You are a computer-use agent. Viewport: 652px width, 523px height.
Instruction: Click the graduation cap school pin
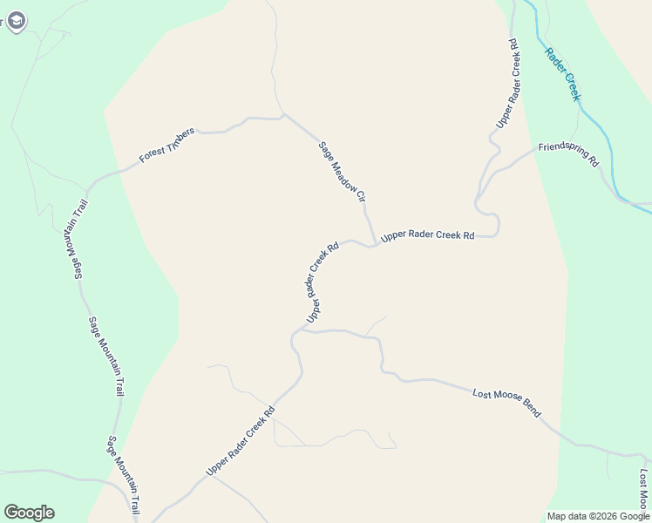[x=16, y=21]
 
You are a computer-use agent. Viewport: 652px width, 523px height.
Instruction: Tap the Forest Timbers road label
[x=166, y=146]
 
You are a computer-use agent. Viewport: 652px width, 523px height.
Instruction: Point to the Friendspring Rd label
[x=568, y=154]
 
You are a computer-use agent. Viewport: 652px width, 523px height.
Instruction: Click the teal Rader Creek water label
[x=562, y=73]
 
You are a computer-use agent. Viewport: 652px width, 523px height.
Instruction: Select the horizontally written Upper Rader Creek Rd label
[x=427, y=235]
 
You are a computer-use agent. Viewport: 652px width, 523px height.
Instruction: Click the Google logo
[x=29, y=513]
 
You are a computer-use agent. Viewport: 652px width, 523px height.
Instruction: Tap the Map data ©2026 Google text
[x=598, y=516]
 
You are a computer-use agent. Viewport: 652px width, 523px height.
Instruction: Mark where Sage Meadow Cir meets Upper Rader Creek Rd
[x=374, y=244]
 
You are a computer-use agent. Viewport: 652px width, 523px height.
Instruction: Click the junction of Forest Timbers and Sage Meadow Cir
[x=283, y=114]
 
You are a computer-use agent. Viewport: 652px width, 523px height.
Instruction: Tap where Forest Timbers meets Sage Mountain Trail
[x=87, y=186]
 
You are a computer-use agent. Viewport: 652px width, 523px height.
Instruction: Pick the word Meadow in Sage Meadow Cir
[x=341, y=172]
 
